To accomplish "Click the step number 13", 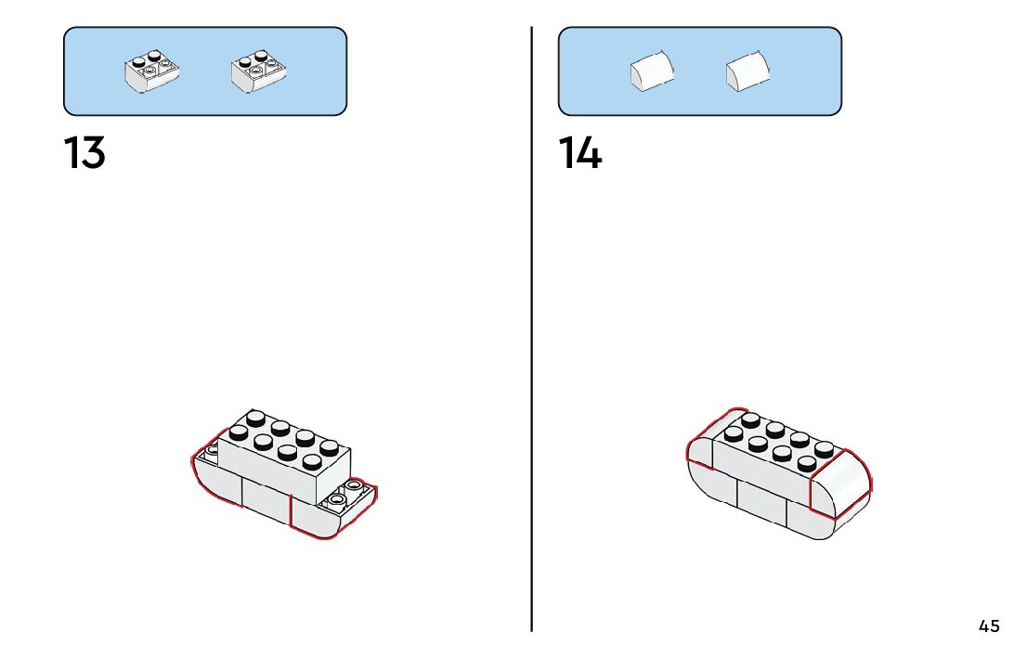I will pos(84,153).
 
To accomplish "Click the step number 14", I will pos(580,153).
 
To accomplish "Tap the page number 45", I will pos(989,626).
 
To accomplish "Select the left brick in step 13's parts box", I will pos(151,73).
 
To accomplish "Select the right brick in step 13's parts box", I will pos(257,73).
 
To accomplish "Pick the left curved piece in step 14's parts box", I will pos(652,71).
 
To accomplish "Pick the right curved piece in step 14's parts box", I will pos(748,71).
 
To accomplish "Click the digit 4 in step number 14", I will pos(590,153).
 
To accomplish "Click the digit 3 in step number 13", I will pos(94,153).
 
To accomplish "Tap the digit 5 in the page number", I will pos(994,626).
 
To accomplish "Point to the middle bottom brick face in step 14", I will pos(761,509).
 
